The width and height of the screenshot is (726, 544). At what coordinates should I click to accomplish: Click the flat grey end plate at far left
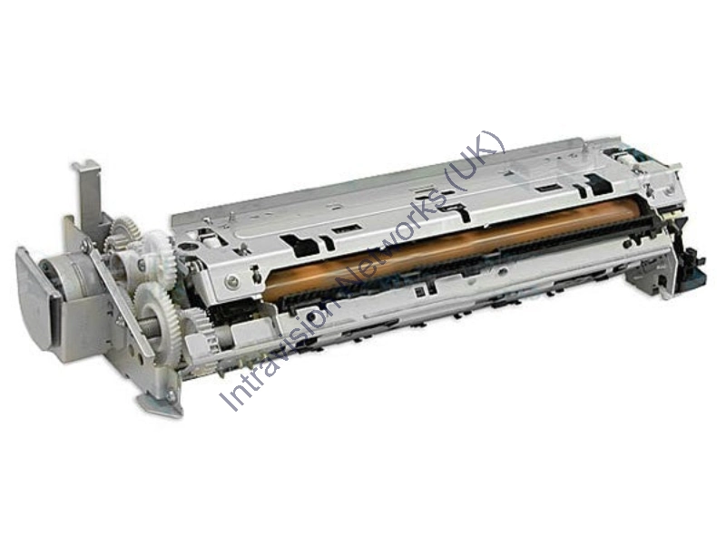(36, 296)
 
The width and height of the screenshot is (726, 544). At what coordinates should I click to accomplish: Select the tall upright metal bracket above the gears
(89, 195)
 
